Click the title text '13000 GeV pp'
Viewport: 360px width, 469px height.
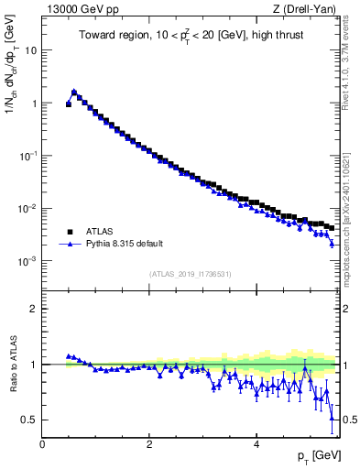pos(80,10)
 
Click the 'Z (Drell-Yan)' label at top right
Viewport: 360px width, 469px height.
pos(307,10)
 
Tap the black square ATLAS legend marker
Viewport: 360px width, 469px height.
pos(70,233)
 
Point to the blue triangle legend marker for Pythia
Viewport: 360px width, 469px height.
pos(70,245)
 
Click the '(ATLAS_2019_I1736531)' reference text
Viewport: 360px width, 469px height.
pos(191,274)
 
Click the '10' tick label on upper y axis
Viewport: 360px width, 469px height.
pos(30,50)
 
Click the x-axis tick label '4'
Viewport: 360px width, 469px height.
pos(256,444)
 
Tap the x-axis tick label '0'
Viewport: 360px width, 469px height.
pos(42,444)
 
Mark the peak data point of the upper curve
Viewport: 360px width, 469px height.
pos(74,92)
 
